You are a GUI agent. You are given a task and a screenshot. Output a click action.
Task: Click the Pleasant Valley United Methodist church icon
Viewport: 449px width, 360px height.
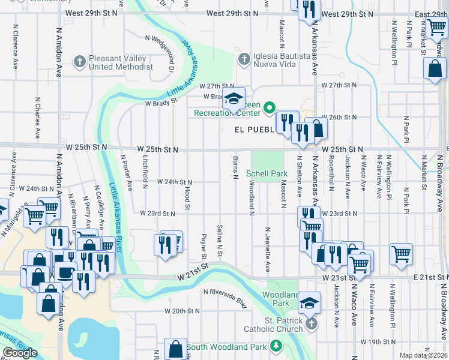tap(79, 61)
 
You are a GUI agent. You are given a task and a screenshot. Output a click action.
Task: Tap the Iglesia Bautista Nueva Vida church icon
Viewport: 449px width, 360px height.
tap(243, 59)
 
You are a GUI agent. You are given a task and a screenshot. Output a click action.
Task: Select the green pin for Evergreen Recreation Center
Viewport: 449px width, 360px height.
tap(270, 108)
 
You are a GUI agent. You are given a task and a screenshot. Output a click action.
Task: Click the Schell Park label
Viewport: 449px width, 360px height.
tap(267, 174)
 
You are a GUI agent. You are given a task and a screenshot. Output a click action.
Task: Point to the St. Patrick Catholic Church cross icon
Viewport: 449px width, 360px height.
tap(310, 324)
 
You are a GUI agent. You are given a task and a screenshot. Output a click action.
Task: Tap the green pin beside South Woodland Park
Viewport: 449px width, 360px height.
tap(276, 346)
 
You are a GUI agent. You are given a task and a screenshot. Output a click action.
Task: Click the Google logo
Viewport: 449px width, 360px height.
tap(20, 353)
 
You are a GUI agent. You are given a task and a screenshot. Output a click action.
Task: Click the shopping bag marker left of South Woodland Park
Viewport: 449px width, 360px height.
tap(175, 349)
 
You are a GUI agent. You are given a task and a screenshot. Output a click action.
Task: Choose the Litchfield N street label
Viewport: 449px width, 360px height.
tap(146, 172)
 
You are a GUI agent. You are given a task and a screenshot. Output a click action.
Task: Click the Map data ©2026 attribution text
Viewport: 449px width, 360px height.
tap(423, 355)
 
